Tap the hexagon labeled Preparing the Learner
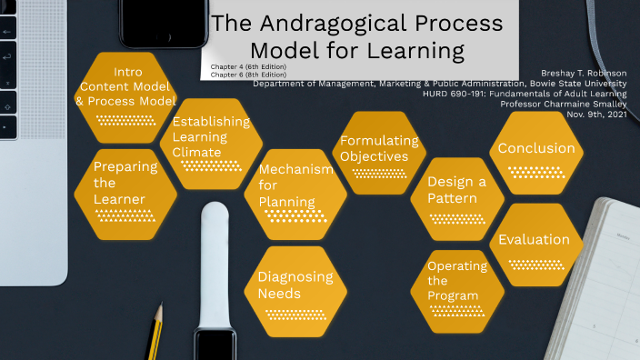(125, 191)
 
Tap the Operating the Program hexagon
(458, 285)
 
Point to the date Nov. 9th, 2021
(595, 114)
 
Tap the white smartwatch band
(215, 264)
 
